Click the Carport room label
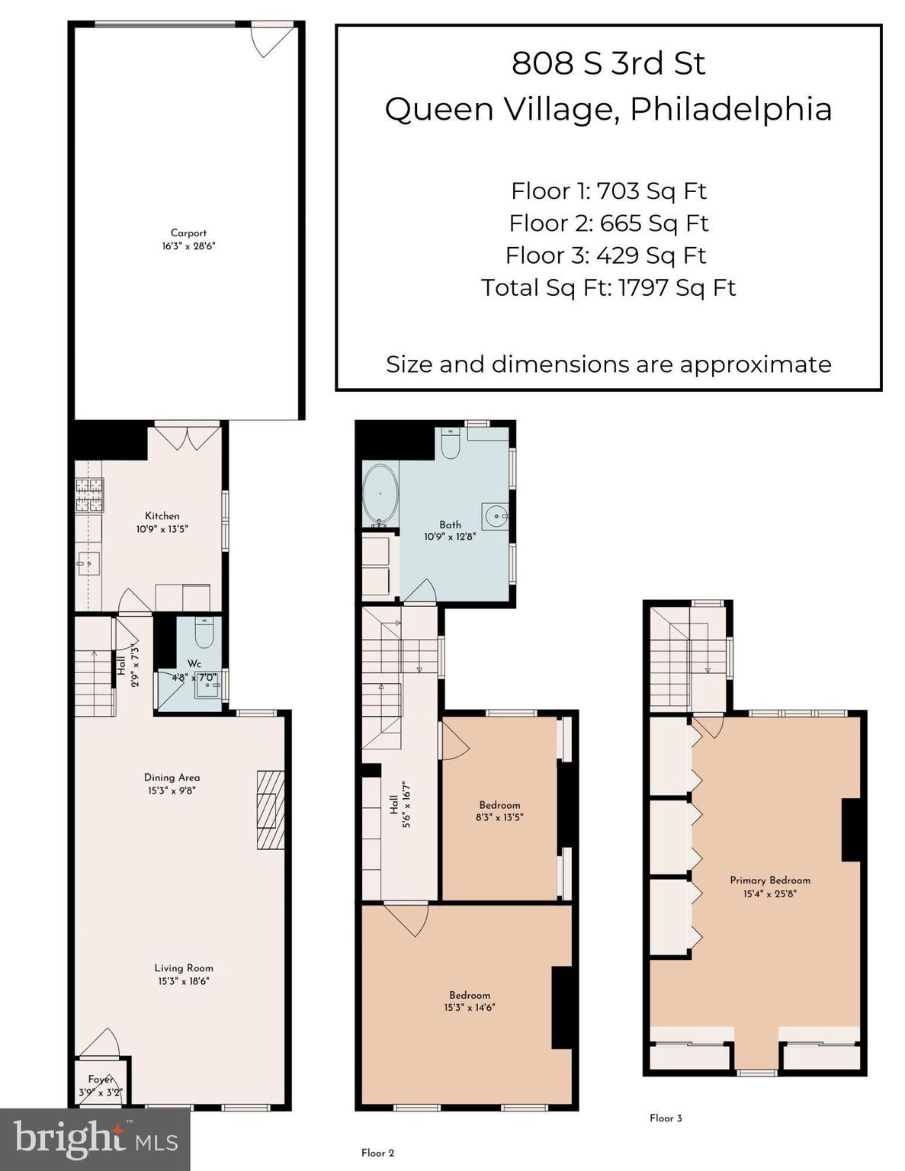(188, 233)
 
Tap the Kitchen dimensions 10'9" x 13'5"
(162, 528)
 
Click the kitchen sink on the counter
(88, 565)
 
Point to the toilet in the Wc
(204, 633)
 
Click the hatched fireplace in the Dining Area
(270, 810)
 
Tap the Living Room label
(184, 968)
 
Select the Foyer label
(101, 1080)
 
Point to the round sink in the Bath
(496, 516)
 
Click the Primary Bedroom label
(770, 880)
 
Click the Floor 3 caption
(666, 1118)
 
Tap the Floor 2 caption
(377, 1153)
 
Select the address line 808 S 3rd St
(608, 63)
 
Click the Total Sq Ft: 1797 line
(608, 287)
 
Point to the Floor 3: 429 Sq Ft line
(606, 255)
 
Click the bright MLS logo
(95, 1139)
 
